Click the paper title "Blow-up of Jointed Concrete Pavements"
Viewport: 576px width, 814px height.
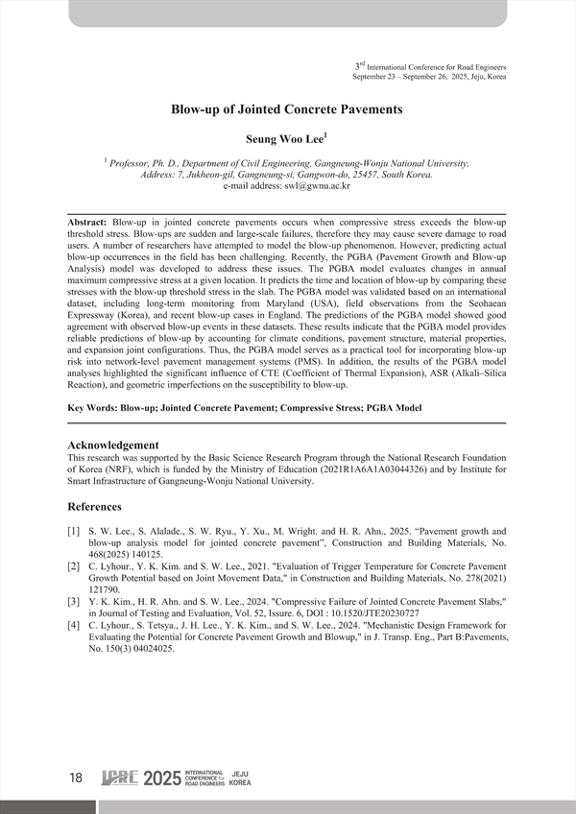pyautogui.click(x=287, y=109)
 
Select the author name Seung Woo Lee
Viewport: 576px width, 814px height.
pyautogui.click(x=285, y=139)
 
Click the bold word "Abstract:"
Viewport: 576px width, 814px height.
pyautogui.click(x=88, y=222)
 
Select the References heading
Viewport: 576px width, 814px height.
pyautogui.click(x=100, y=506)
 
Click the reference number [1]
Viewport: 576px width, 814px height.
pyautogui.click(x=73, y=531)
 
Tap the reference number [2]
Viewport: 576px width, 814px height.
pyautogui.click(x=73, y=568)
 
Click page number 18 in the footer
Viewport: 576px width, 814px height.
pyautogui.click(x=76, y=778)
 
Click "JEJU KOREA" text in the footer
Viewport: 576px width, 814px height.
pyautogui.click(x=241, y=778)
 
